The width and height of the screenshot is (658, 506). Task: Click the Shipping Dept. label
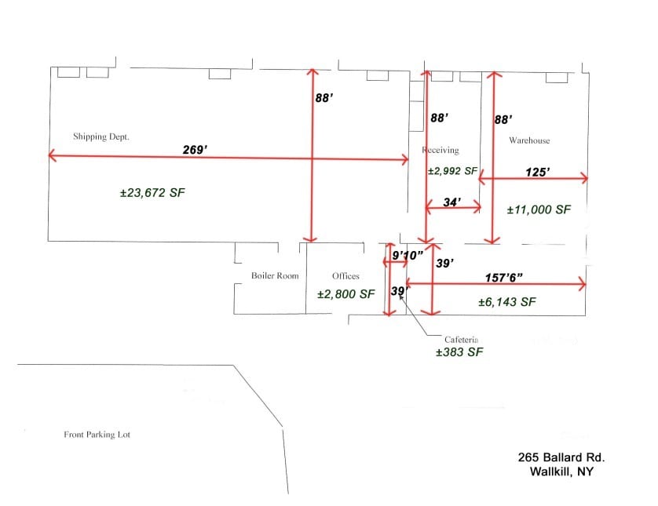tap(101, 137)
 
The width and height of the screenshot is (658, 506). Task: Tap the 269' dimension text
tap(194, 148)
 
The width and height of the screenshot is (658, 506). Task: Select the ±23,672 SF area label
tap(152, 192)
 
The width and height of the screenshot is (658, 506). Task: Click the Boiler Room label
tap(275, 276)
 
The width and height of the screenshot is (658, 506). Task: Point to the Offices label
tap(345, 276)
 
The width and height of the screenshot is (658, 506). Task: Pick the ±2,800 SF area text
tap(346, 294)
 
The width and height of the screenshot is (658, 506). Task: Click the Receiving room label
tap(440, 150)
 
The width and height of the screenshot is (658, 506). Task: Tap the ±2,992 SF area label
tap(452, 170)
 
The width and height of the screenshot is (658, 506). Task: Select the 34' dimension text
tap(452, 202)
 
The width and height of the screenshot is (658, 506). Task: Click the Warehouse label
tap(529, 140)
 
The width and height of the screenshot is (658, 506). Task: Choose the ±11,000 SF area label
tap(539, 209)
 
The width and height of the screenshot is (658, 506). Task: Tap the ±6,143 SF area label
tap(507, 301)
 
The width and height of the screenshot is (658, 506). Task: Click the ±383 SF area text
tap(459, 353)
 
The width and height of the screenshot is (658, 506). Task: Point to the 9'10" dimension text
tap(408, 254)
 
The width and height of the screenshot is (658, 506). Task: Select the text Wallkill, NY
tap(561, 471)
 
